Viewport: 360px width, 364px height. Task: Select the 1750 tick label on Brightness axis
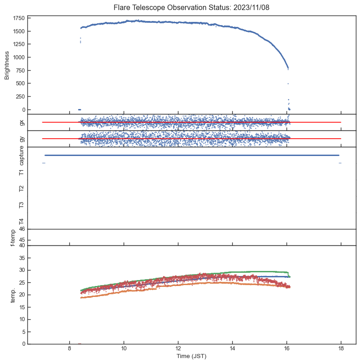(x=19, y=18)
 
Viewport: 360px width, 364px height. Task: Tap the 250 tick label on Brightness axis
(x=20, y=97)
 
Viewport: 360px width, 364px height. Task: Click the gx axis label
(x=21, y=122)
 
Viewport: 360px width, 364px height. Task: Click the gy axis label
(x=21, y=139)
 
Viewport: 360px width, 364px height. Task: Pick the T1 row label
(x=21, y=172)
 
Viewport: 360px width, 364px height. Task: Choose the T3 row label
(x=21, y=205)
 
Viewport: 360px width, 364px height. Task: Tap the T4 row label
(x=21, y=221)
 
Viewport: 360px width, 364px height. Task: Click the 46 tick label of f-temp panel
(x=21, y=229)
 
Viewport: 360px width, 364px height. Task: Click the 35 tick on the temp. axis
(x=21, y=258)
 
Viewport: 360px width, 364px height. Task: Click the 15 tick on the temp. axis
(x=21, y=307)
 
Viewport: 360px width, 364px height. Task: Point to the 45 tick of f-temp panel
(x=21, y=240)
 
